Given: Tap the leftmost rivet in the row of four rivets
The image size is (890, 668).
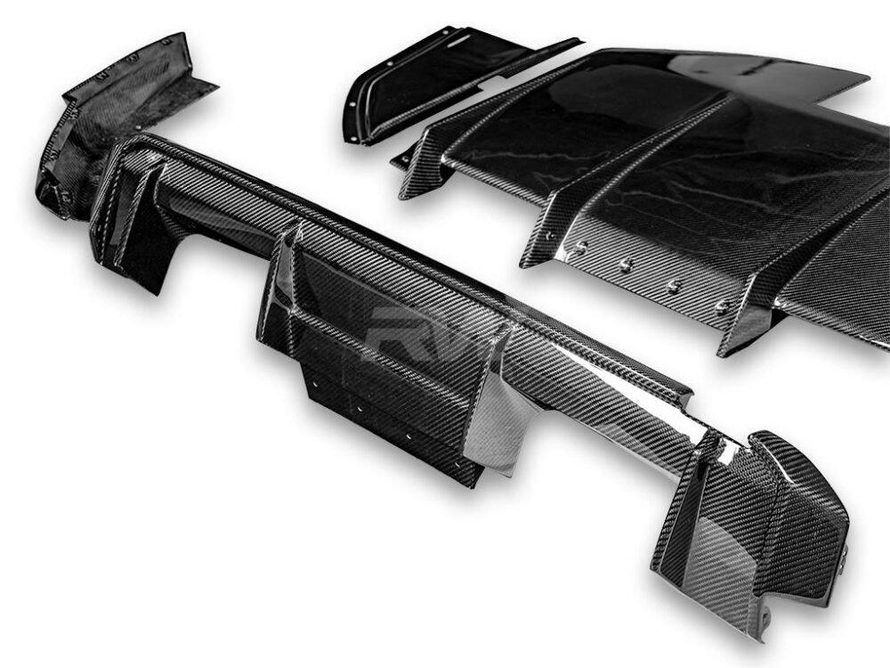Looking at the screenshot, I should [579, 250].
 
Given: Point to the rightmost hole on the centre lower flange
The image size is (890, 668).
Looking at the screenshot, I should [456, 463].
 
